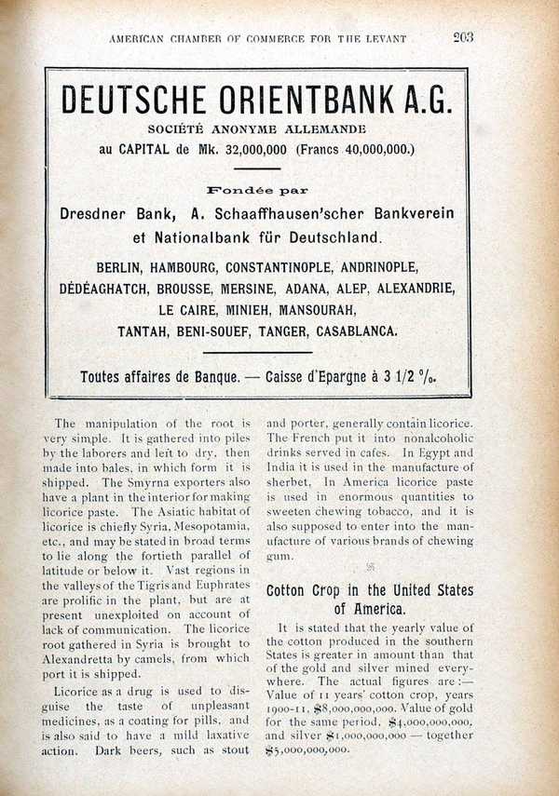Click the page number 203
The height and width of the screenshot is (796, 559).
tap(463, 37)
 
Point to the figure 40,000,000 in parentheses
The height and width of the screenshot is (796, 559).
tap(371, 149)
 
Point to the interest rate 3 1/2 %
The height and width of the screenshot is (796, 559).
tap(416, 378)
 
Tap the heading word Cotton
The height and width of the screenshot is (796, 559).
tap(292, 591)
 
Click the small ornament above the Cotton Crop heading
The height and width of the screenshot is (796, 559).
tap(369, 565)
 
